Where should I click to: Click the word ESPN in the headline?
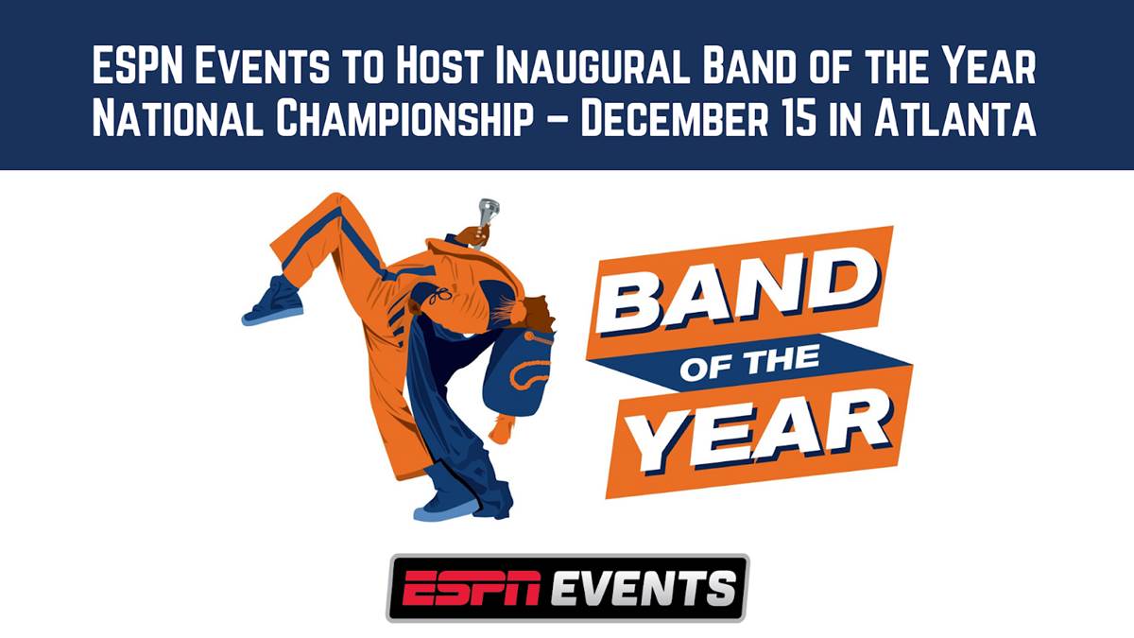137,65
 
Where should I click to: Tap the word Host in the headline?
438,65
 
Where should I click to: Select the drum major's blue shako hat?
517,373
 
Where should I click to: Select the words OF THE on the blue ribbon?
749,361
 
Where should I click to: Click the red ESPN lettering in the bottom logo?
471,588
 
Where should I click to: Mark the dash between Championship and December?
558,121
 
